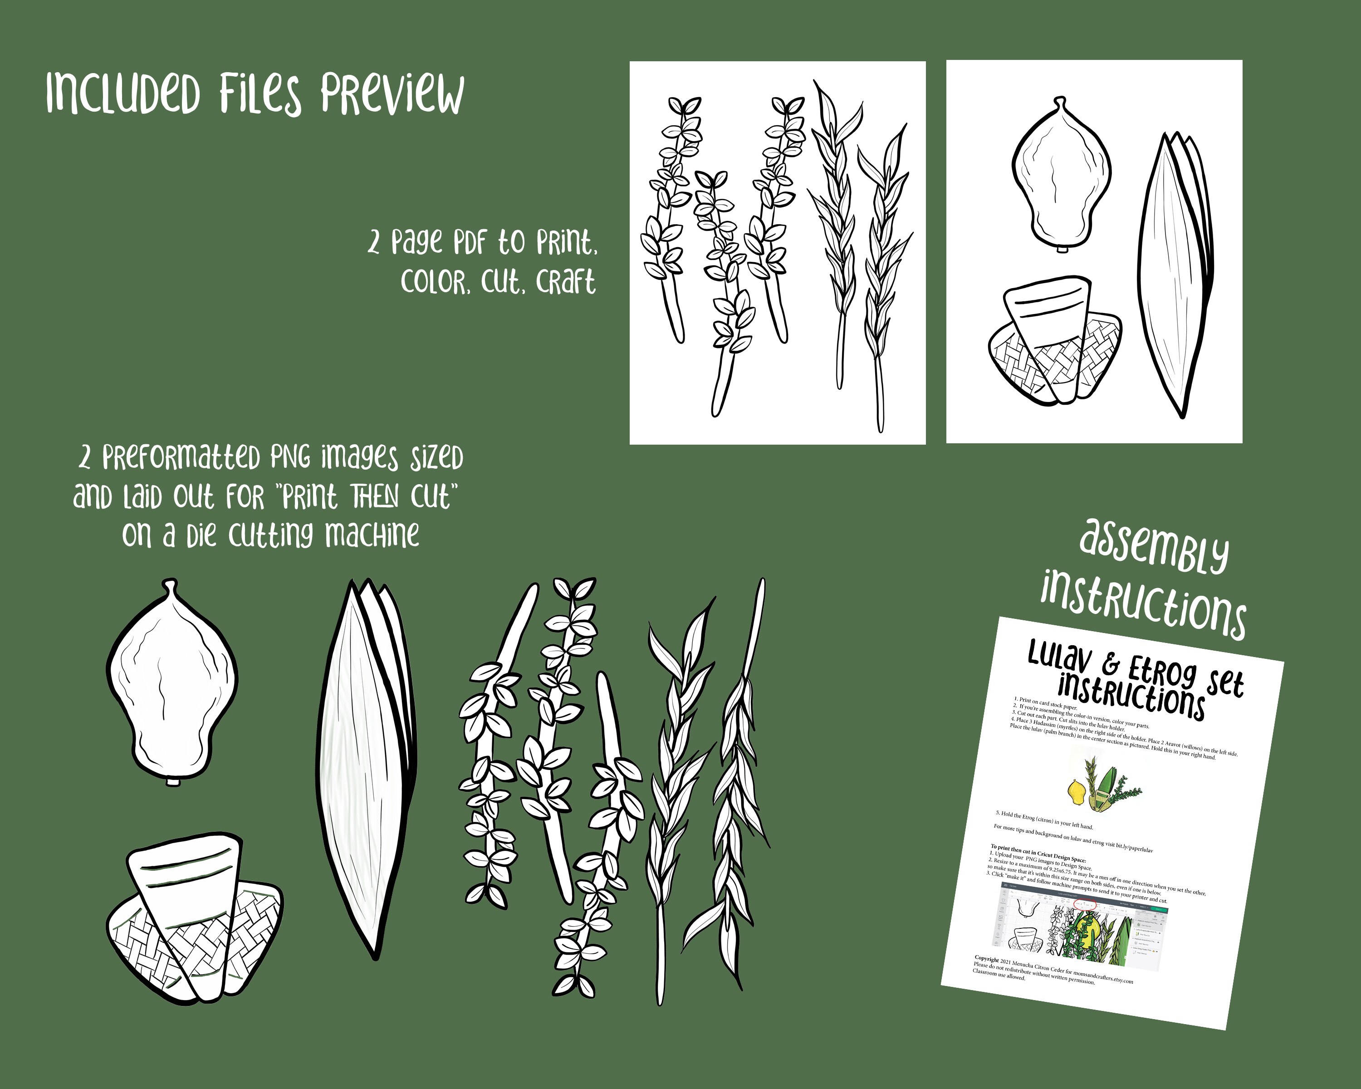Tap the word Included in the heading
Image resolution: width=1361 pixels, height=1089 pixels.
[123, 93]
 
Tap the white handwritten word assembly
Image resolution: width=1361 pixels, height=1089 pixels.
[1154, 547]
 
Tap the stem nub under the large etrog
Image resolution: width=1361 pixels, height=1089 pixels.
[171, 783]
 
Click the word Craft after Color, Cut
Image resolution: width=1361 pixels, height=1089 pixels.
[566, 282]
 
